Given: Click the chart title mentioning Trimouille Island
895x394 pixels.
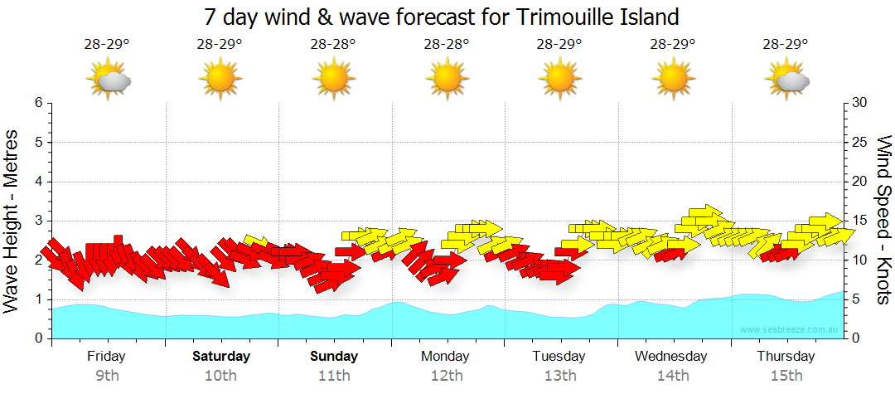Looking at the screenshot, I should (x=442, y=17).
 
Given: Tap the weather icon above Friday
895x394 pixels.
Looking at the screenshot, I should (x=109, y=80).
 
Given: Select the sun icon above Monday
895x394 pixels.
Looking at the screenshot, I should (x=447, y=80).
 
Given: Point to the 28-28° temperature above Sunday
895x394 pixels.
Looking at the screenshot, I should (x=333, y=45).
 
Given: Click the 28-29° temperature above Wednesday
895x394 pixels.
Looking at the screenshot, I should (x=672, y=45).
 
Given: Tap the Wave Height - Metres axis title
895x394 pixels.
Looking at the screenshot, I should (x=13, y=221).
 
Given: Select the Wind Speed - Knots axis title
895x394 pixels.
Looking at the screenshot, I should (x=883, y=221).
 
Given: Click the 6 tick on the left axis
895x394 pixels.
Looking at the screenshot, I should (x=38, y=103).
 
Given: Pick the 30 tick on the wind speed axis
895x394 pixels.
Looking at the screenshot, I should (x=860, y=103).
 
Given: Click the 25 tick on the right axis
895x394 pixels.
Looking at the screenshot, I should (x=860, y=143).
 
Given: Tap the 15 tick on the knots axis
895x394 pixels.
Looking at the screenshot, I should (x=860, y=221).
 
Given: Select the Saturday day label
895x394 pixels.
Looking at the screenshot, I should (x=221, y=357).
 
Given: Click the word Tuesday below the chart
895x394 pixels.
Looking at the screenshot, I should (x=560, y=357).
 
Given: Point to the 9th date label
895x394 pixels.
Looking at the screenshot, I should (x=108, y=375).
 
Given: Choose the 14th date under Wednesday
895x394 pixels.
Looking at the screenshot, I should (x=673, y=375).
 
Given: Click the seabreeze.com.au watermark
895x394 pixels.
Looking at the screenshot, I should (x=790, y=330).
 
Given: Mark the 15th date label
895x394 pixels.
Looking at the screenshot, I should (x=786, y=375).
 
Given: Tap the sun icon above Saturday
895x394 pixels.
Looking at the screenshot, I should (x=220, y=80).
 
